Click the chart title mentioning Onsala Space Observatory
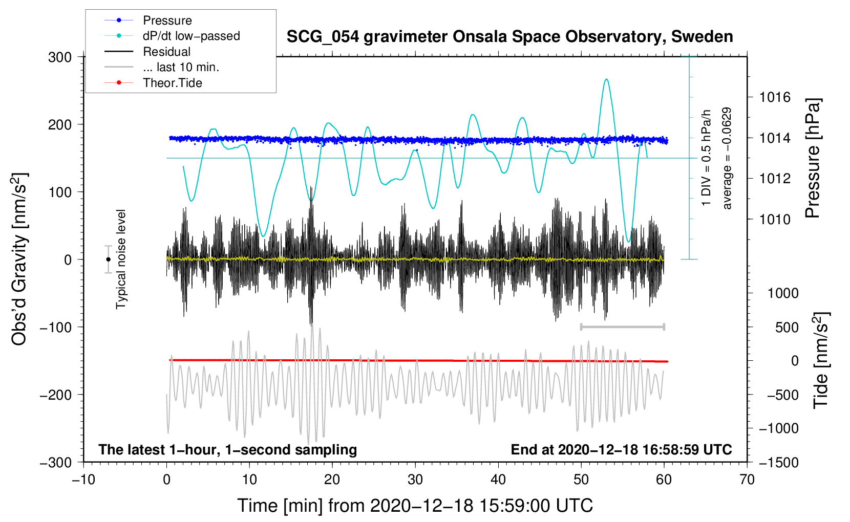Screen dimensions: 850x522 click(x=509, y=36)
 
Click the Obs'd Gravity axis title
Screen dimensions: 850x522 click(x=19, y=259)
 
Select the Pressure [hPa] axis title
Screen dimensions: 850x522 click(x=813, y=158)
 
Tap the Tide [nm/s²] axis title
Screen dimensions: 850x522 click(x=821, y=360)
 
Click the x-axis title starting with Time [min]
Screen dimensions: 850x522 click(x=415, y=506)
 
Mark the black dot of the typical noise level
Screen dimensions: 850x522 click(x=109, y=259)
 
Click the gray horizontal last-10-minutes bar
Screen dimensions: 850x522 click(x=622, y=327)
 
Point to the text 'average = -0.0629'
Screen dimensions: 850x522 click(x=727, y=158)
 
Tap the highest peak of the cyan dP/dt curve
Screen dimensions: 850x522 click(x=606, y=79)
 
